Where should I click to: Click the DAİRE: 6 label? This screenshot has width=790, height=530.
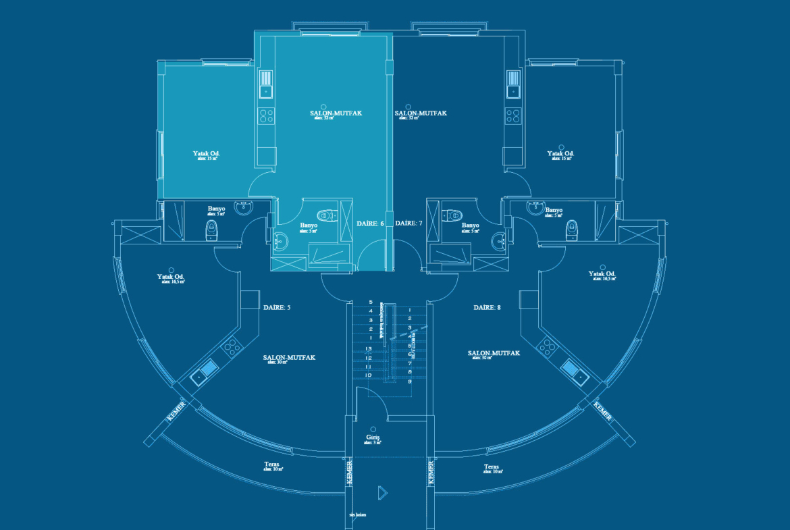click(370, 223)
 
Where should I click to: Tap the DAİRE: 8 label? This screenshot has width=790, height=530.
click(487, 307)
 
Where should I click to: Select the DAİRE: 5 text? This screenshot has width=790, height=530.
click(276, 307)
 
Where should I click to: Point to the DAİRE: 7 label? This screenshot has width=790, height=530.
click(409, 223)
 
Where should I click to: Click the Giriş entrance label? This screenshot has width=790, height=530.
click(373, 438)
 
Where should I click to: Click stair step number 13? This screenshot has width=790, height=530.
click(369, 348)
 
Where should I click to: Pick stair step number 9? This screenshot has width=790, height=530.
click(410, 381)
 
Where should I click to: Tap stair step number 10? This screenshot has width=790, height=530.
click(369, 375)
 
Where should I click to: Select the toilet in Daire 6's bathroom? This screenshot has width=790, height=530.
click(326, 217)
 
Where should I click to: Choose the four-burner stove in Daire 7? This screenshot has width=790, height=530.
click(513, 115)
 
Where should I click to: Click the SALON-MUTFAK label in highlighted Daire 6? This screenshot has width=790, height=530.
click(336, 113)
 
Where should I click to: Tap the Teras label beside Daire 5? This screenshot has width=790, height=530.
click(272, 465)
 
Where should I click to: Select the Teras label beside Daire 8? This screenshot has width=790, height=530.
click(492, 467)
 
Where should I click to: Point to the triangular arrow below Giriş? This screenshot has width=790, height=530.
click(382, 493)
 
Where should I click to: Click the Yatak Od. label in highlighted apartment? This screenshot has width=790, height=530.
click(207, 153)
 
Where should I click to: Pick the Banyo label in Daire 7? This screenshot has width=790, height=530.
click(470, 226)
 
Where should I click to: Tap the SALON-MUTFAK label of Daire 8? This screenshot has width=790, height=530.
click(494, 353)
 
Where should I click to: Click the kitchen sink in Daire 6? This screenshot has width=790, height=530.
click(266, 85)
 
